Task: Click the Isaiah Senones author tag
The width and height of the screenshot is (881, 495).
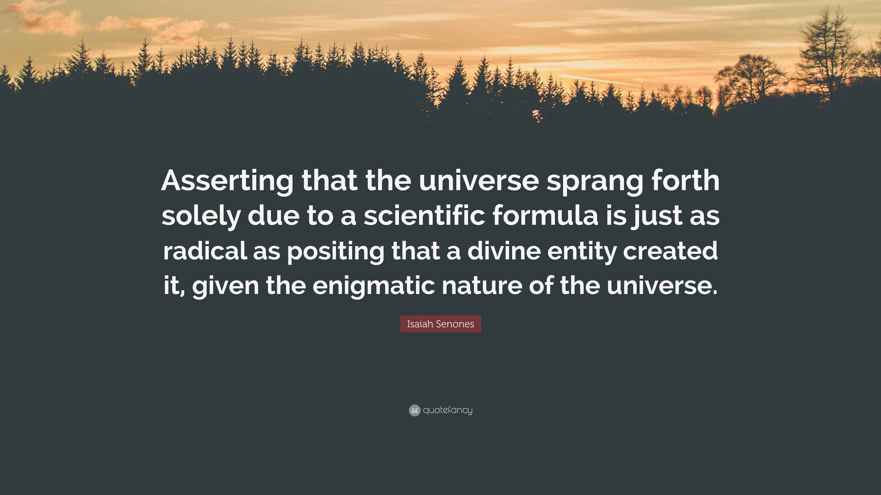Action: coord(440,324)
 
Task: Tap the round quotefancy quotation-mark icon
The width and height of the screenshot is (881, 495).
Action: coord(414,410)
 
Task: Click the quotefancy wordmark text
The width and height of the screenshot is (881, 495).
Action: coord(448,410)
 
